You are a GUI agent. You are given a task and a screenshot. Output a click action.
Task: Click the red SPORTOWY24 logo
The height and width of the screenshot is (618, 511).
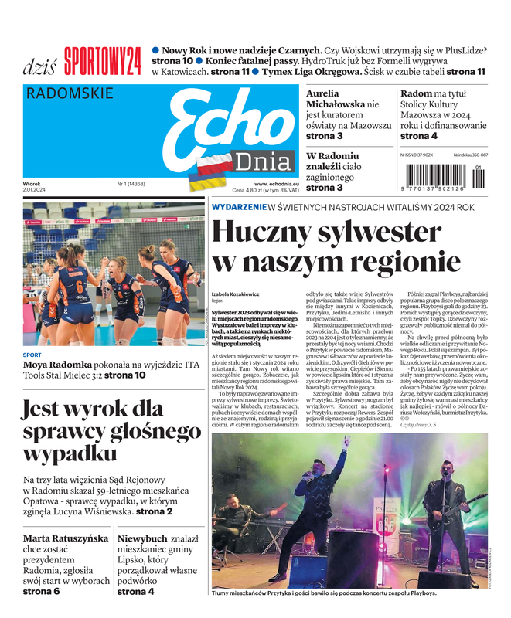click(103, 63)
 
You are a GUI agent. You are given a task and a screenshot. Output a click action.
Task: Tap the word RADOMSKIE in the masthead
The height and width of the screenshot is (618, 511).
click(70, 94)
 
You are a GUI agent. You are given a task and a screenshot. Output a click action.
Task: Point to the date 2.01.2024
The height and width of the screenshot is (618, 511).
click(34, 190)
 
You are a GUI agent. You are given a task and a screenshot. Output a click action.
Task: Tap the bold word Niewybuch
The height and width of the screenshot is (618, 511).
click(142, 538)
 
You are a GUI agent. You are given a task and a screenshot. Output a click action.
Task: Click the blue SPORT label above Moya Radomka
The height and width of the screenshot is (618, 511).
click(32, 355)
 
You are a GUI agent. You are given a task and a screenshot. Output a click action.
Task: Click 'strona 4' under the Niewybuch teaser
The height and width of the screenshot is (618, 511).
click(135, 592)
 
